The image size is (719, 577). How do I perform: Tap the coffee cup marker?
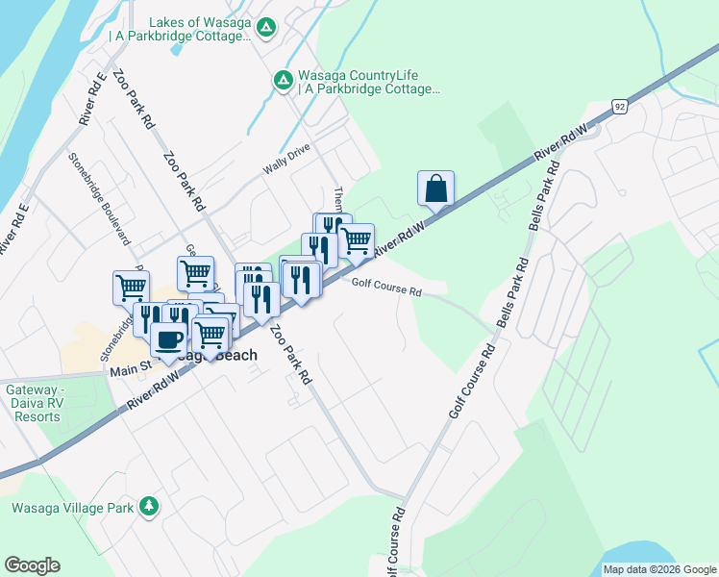[x=169, y=339]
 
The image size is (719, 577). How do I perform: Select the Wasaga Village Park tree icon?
[x=148, y=506]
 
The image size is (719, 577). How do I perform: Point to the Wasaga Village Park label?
[x=71, y=507]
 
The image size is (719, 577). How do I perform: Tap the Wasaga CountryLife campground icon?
[x=283, y=80]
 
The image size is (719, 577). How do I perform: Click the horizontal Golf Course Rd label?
[x=386, y=288]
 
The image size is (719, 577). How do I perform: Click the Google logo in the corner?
[x=32, y=565]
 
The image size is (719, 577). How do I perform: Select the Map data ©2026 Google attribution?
[x=658, y=569]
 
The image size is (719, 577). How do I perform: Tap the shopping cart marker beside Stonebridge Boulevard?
[x=131, y=286]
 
